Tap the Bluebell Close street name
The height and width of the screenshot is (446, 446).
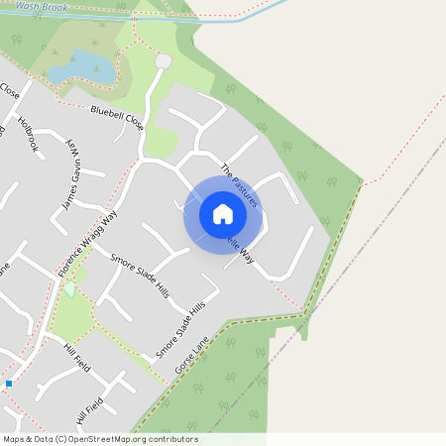[x=117, y=119]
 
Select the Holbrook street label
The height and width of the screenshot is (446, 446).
[x=31, y=135]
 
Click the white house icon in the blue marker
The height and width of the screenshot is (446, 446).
[x=223, y=213]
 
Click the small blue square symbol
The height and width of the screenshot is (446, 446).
[x=9, y=383]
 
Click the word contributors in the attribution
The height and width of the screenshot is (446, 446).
[x=172, y=439]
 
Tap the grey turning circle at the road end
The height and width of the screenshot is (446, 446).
[x=164, y=61]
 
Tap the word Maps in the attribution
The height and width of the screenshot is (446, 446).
[x=14, y=439]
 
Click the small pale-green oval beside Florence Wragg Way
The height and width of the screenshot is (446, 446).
[x=69, y=289]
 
